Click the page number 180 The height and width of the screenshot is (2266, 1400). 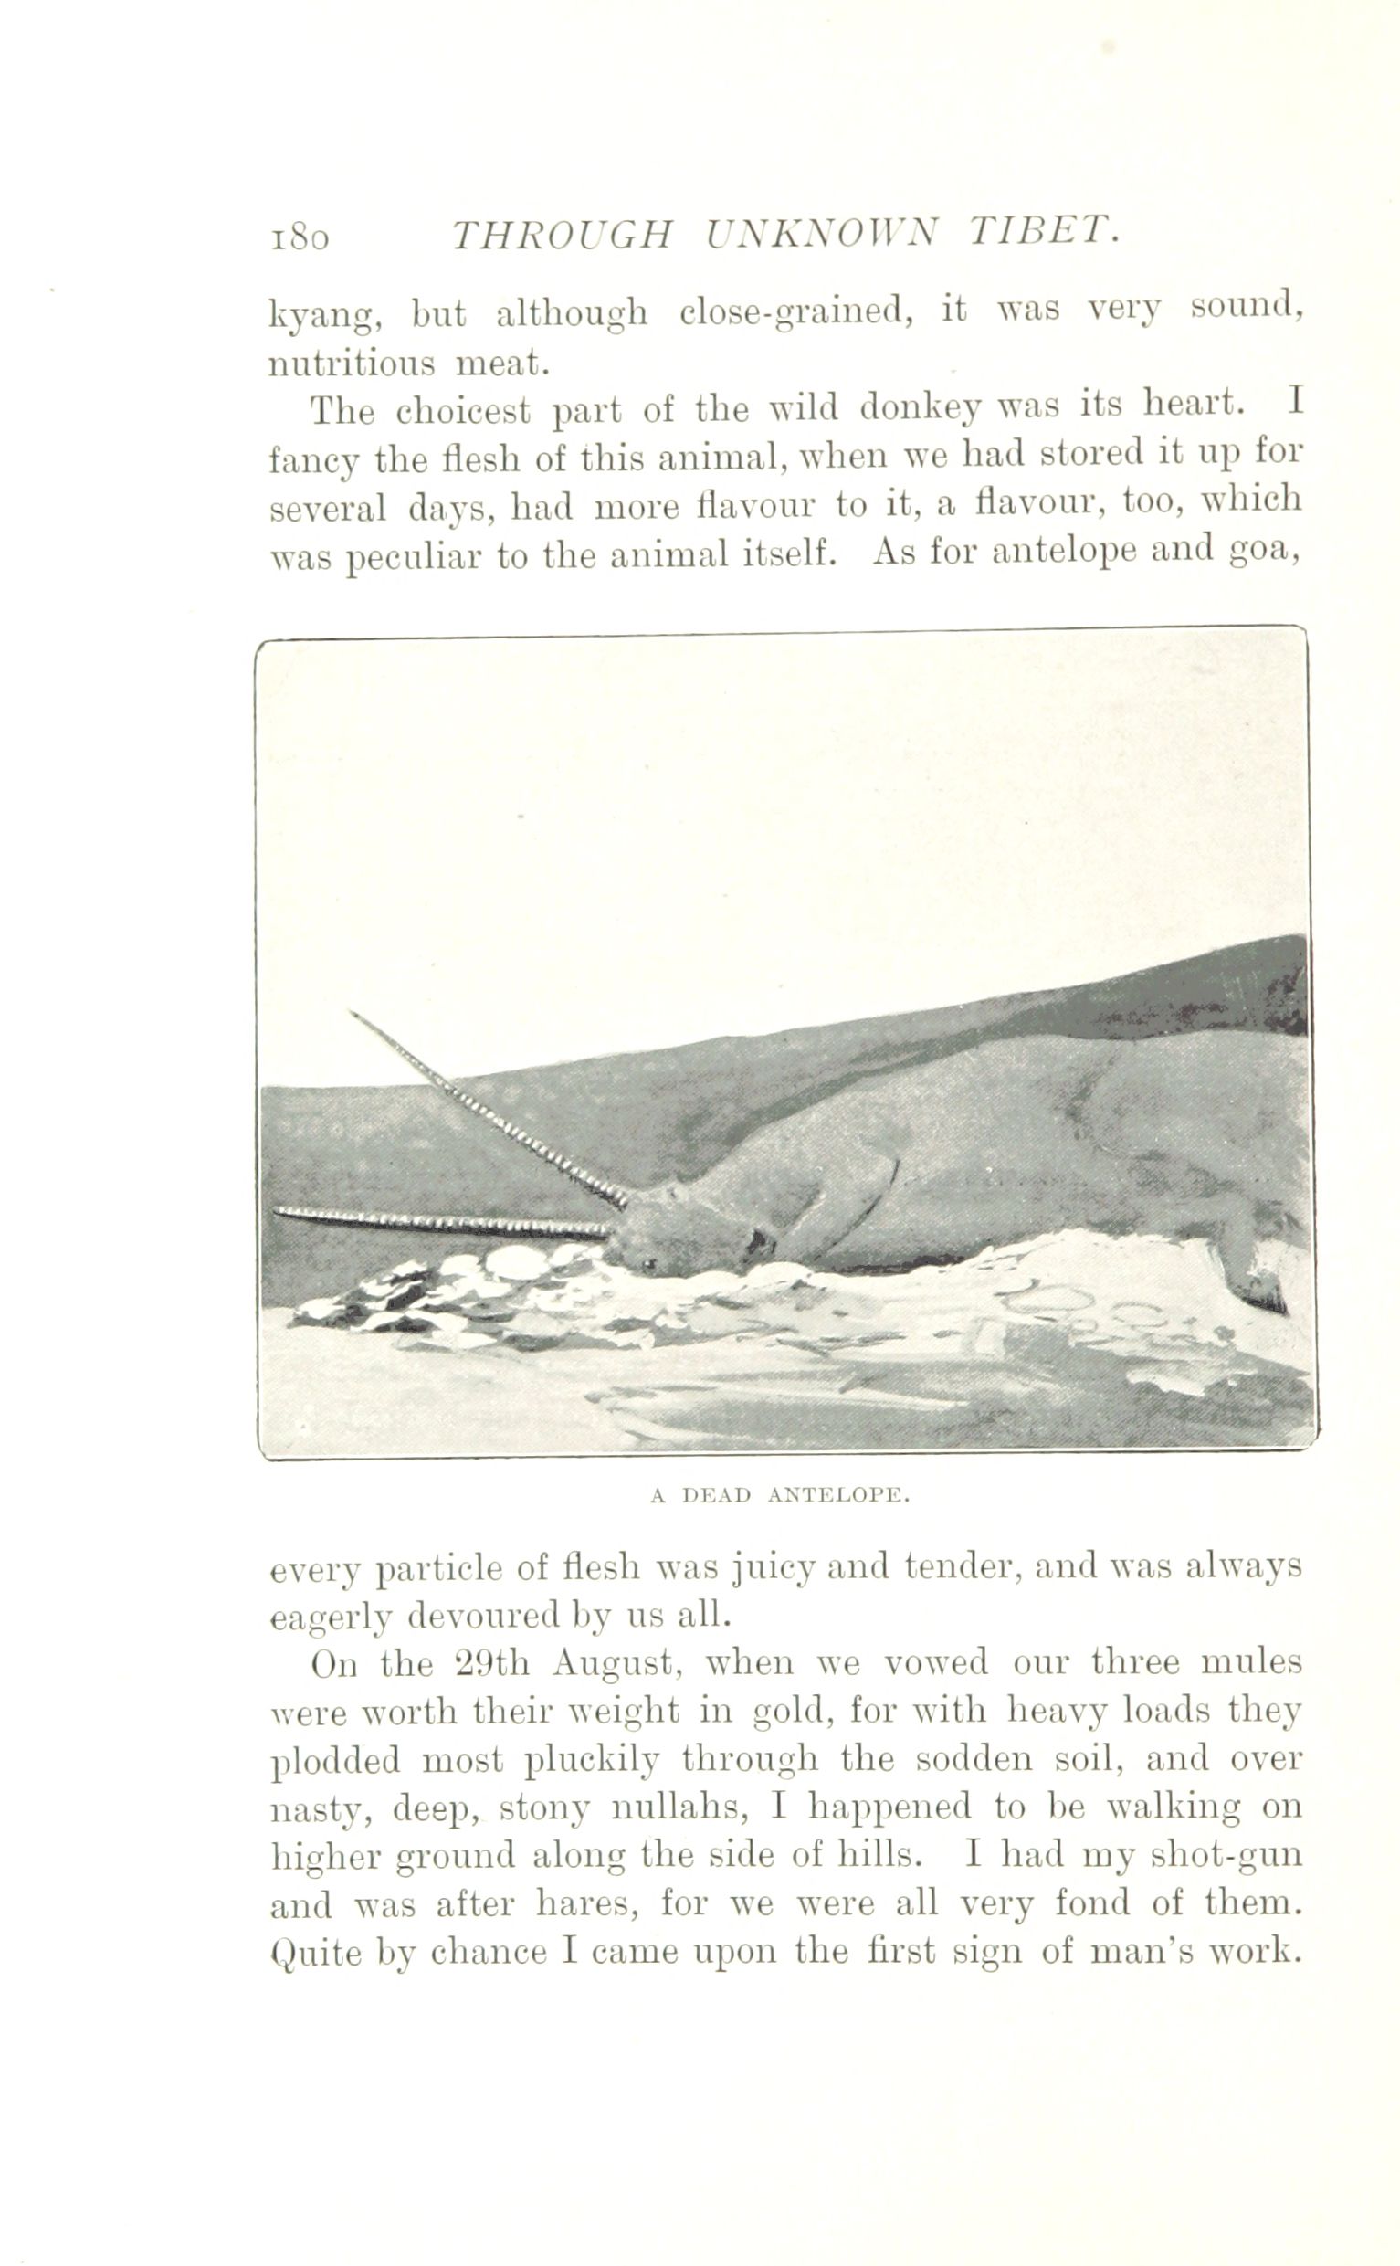(299, 237)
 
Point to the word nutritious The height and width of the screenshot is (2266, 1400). (351, 364)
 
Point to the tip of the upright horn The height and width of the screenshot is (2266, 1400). (352, 1014)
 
